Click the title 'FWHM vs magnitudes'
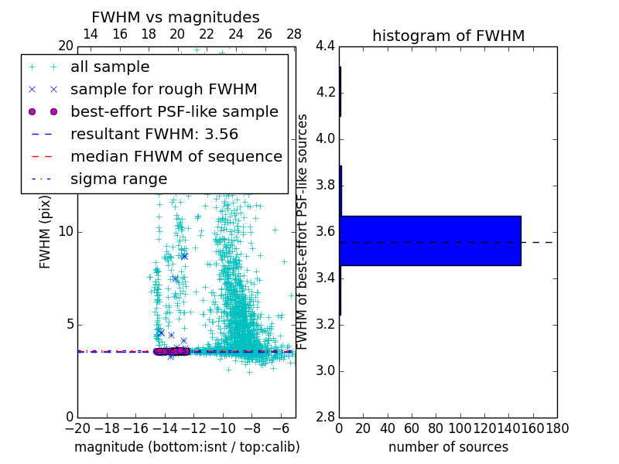176,17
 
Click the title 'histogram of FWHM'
448,36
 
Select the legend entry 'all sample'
110,67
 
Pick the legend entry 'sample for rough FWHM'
163,89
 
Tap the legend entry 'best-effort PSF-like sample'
174,111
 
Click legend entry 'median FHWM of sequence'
176,156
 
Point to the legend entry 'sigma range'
118,179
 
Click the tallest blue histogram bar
430,241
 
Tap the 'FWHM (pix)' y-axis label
46,232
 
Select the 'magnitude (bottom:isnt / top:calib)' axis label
186,447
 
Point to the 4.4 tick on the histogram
325,46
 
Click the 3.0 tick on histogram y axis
325,370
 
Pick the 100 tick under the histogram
460,428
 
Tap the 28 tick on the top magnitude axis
294,34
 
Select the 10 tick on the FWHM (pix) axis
66,232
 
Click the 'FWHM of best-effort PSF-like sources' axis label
303,232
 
